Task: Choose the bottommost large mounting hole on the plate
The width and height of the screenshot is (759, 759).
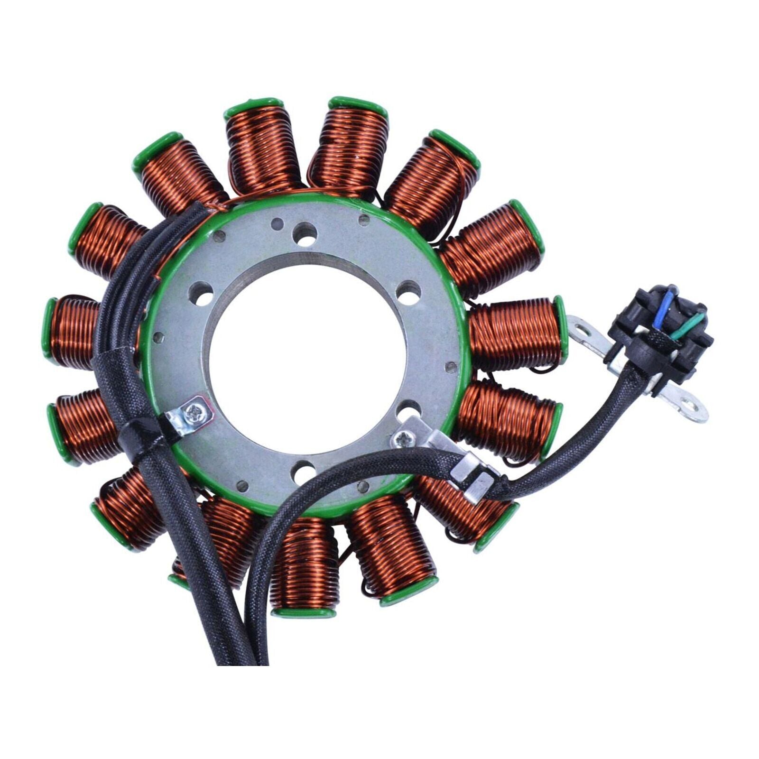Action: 304,472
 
